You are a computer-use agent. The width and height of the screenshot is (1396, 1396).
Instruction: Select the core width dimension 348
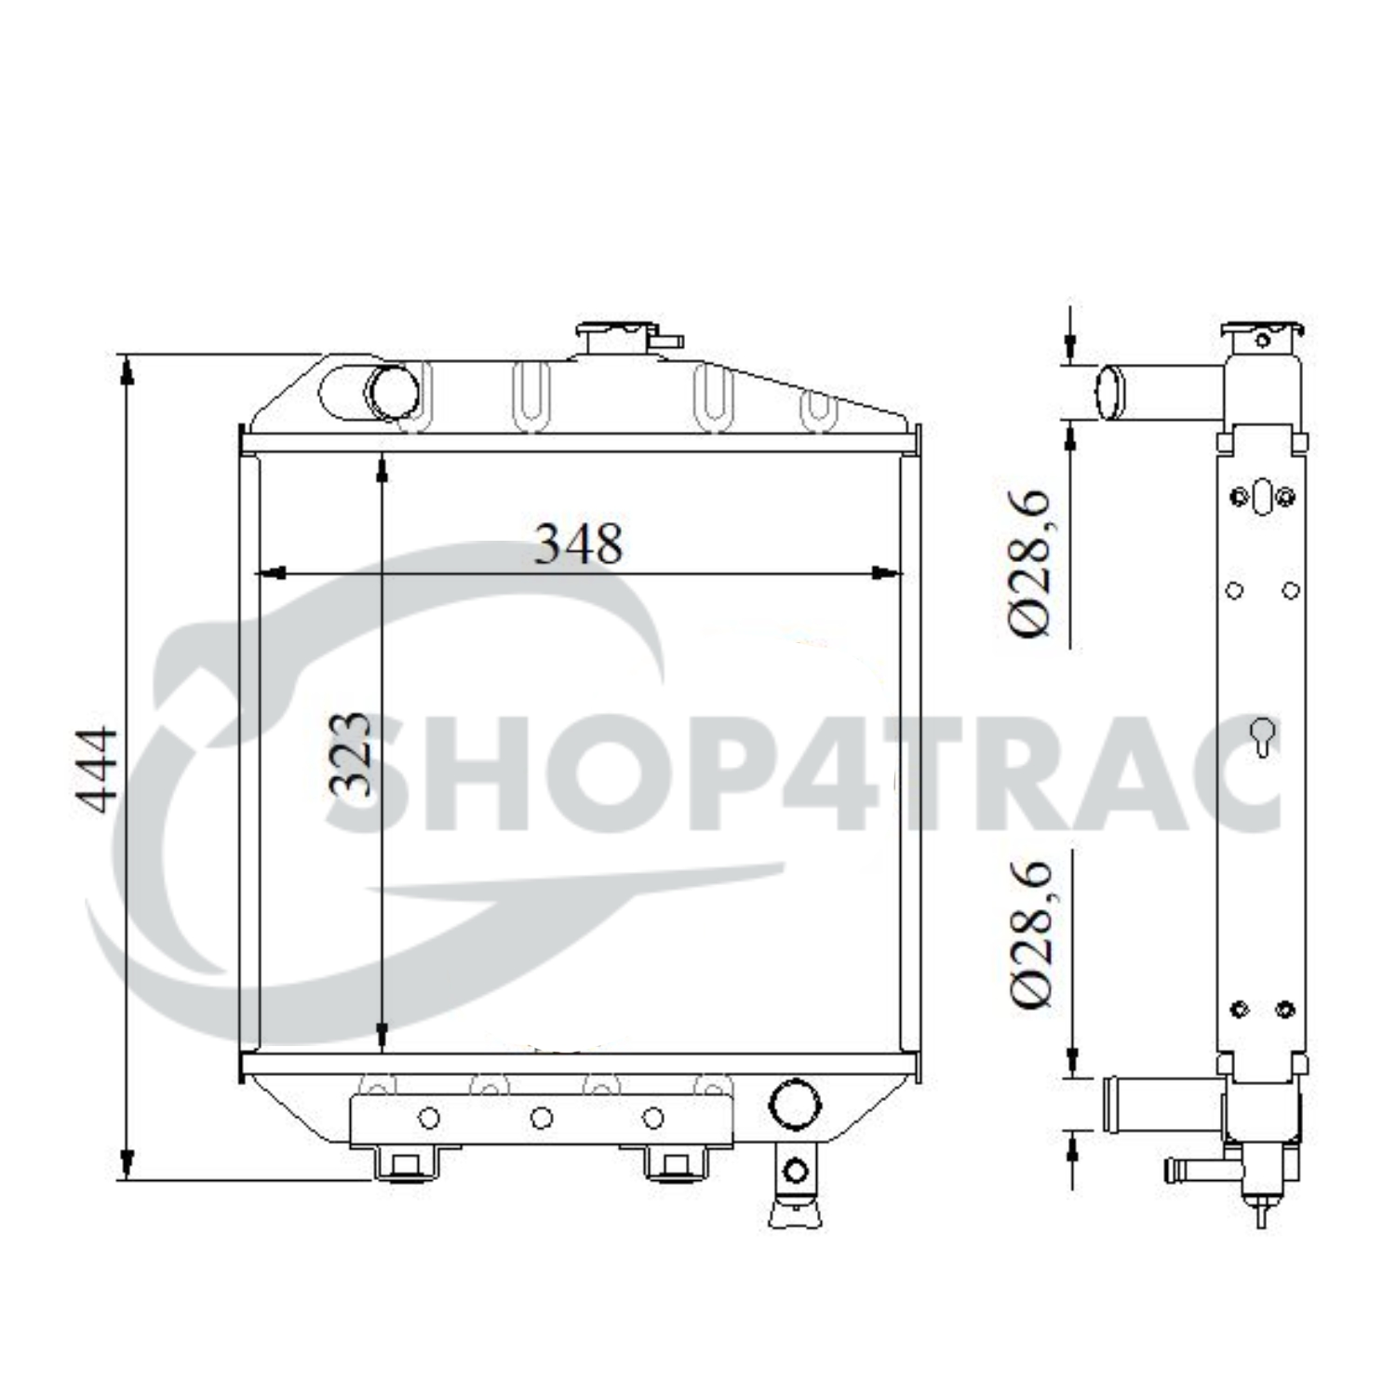(578, 544)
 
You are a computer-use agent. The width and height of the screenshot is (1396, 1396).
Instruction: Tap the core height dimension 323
(352, 755)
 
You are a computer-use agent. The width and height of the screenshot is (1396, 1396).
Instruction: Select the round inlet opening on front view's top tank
(392, 392)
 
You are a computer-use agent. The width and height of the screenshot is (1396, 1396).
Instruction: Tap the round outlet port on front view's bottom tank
(795, 1104)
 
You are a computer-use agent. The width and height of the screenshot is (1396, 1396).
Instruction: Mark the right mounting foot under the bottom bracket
(676, 1164)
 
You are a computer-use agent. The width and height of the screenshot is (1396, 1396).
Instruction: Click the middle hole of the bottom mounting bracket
(541, 1118)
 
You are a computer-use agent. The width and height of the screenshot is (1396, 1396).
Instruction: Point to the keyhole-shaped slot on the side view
(1262, 736)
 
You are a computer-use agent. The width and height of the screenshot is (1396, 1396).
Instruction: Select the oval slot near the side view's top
(1262, 496)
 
